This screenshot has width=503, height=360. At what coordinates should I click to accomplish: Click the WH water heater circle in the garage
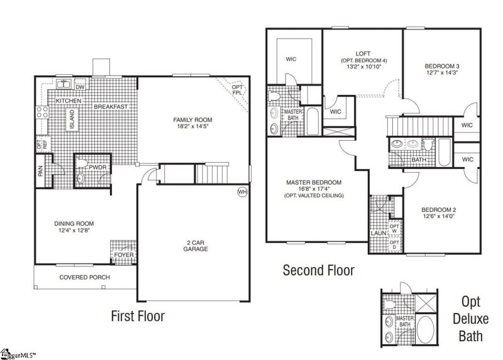click(x=243, y=192)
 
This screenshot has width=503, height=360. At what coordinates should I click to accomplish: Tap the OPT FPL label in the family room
click(x=237, y=90)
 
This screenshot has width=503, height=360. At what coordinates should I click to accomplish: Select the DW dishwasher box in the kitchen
click(x=80, y=87)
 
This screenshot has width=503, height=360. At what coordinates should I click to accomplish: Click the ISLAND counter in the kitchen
click(x=72, y=119)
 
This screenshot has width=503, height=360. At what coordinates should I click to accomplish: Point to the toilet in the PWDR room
click(x=82, y=163)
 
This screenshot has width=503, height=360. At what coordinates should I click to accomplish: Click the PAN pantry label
click(x=40, y=171)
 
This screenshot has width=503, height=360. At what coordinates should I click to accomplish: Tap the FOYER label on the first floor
click(x=124, y=255)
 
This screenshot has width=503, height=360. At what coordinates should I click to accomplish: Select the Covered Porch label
click(x=85, y=277)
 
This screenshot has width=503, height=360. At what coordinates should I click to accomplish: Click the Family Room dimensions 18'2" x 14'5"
click(x=192, y=126)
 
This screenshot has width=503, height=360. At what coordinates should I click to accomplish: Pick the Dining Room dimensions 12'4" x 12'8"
click(x=74, y=230)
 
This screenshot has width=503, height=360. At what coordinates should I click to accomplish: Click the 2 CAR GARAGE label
click(x=196, y=246)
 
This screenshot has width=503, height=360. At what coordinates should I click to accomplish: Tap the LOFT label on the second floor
click(x=363, y=54)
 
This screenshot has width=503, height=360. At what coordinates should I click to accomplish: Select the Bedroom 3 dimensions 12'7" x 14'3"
click(x=442, y=72)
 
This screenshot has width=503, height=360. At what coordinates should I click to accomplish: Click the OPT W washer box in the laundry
click(x=394, y=229)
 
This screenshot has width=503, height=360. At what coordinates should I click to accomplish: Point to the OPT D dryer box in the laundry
click(x=394, y=244)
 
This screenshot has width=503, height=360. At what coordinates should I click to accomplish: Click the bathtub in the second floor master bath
click(x=312, y=121)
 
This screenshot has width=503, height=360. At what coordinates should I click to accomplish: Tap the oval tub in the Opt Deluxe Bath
click(x=426, y=330)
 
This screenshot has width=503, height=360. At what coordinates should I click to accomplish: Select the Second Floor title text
click(x=319, y=270)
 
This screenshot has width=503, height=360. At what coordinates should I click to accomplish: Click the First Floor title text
click(x=138, y=316)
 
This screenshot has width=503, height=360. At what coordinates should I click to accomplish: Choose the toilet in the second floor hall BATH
click(x=428, y=145)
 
